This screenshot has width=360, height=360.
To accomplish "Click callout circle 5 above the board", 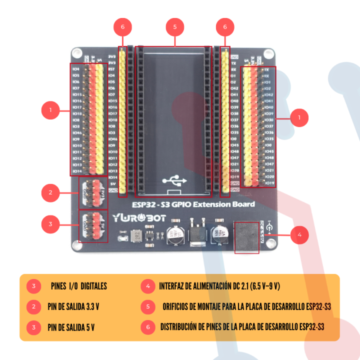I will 174,26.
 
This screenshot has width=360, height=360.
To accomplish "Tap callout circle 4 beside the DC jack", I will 299,234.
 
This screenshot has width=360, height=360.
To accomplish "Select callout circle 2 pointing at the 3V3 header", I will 50,191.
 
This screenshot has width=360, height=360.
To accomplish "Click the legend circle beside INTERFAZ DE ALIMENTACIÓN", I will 148,286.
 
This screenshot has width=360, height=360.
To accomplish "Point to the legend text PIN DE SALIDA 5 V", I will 71,327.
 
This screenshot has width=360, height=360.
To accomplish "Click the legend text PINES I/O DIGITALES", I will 78,286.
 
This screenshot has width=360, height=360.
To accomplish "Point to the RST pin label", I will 112,69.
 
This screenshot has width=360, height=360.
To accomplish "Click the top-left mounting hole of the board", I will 76,53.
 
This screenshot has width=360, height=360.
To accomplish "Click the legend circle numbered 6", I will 148,327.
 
